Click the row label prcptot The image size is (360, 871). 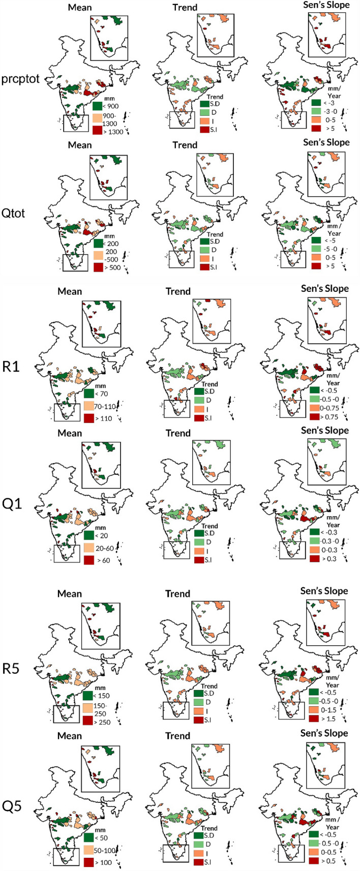20,80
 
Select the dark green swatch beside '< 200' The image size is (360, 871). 98,244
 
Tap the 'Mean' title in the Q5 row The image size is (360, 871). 69,736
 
